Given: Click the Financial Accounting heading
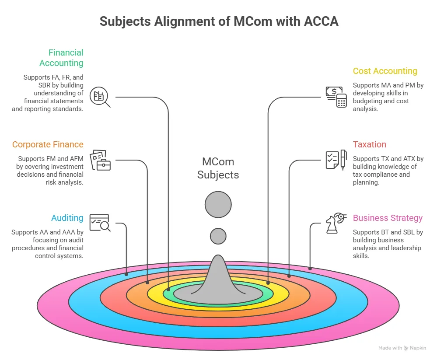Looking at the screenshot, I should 61,58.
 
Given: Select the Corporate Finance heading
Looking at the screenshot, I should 48,144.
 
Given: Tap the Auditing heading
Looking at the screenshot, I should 67,218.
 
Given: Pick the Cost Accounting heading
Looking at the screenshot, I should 385,71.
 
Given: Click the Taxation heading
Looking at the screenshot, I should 370,144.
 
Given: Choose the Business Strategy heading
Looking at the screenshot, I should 388,218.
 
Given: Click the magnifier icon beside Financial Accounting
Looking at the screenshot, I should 100,97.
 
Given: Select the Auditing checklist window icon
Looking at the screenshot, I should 100,223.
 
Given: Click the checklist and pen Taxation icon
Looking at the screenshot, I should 336,160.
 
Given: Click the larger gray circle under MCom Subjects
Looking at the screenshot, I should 218,205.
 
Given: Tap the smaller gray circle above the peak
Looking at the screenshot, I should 218,236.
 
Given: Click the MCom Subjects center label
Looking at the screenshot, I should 218,168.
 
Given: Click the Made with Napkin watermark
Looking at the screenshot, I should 402,348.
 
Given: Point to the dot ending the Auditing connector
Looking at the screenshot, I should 126,274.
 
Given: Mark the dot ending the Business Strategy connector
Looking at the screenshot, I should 310,269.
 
